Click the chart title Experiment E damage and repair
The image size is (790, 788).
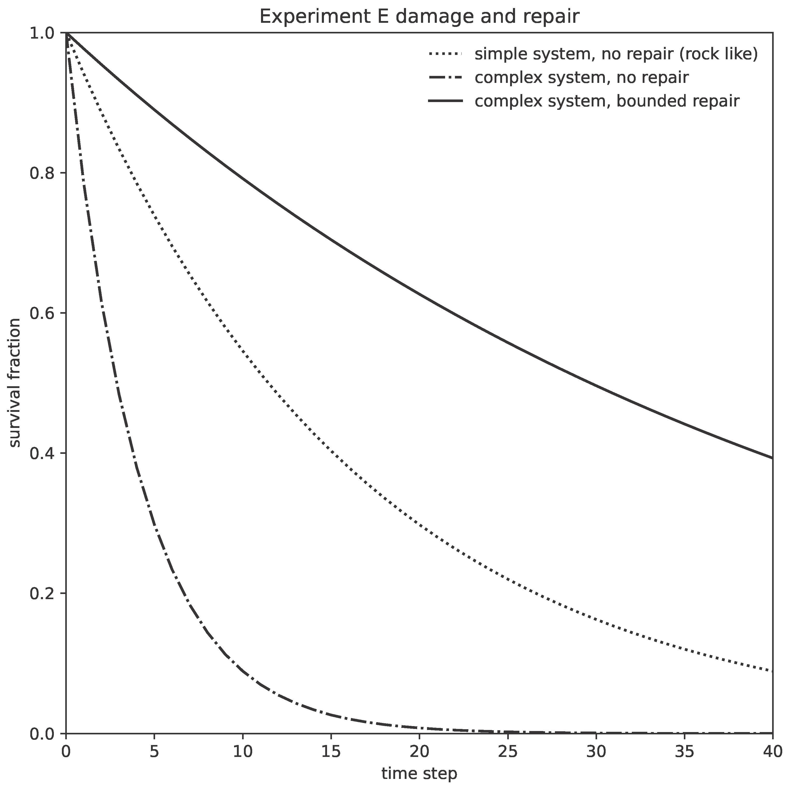(x=419, y=17)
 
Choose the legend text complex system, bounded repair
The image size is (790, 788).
(x=607, y=101)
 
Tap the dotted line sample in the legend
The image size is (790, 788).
(x=445, y=54)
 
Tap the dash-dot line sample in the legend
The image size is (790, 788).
(x=445, y=77)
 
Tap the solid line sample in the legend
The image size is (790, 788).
(x=445, y=101)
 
